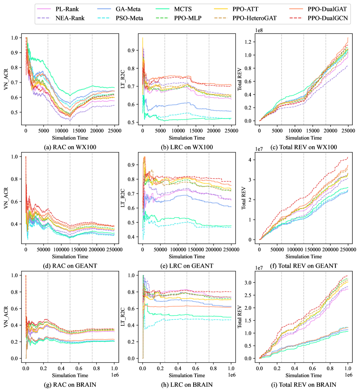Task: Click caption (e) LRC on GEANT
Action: pyautogui.click(x=186, y=265)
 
